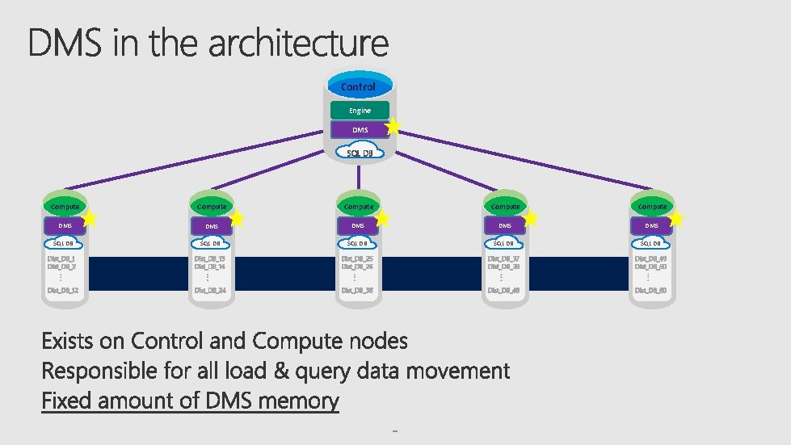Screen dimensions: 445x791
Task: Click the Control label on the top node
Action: click(x=358, y=86)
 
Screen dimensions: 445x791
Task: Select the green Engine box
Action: click(x=360, y=110)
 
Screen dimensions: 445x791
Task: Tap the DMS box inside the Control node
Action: click(x=360, y=130)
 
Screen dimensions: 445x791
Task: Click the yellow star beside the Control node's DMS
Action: click(x=393, y=126)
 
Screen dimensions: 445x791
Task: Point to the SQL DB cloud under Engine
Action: click(x=359, y=153)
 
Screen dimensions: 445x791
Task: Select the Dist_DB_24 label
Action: click(x=209, y=290)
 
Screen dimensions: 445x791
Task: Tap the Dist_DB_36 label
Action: click(x=356, y=290)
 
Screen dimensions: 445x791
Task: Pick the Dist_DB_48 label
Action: click(x=503, y=290)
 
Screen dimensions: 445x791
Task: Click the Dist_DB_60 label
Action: click(x=650, y=290)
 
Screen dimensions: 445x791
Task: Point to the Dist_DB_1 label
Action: click(x=61, y=258)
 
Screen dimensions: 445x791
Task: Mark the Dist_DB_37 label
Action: click(x=503, y=258)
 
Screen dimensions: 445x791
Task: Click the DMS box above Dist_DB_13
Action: click(x=211, y=226)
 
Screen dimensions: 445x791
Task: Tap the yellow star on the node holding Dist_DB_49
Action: click(x=676, y=219)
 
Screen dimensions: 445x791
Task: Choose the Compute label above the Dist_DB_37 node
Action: click(x=505, y=207)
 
